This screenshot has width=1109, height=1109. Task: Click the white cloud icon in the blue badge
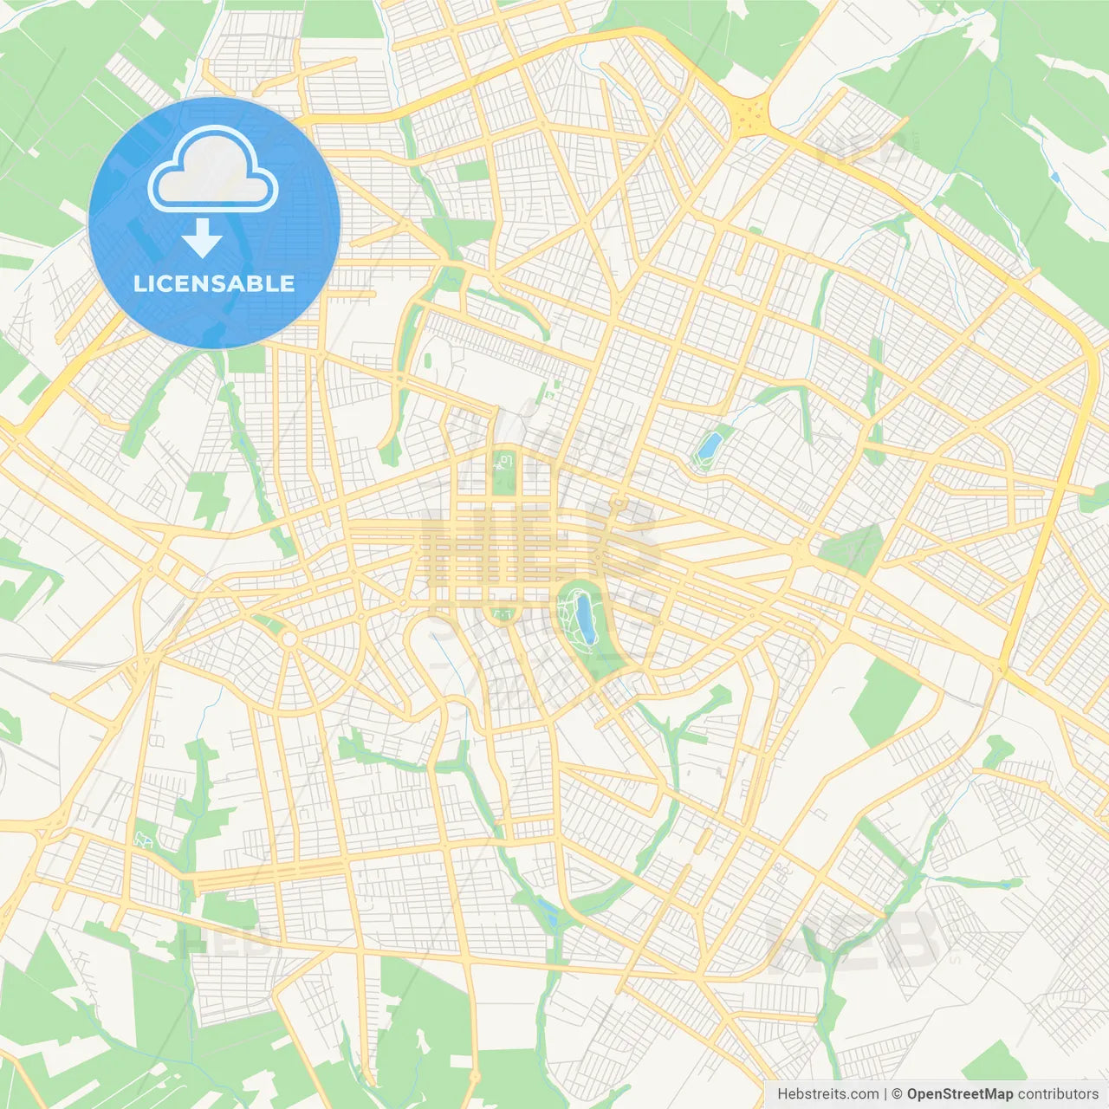[x=213, y=170]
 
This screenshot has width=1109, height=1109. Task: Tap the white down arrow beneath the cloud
[x=202, y=238]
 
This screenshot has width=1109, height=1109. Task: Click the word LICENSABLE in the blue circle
[x=214, y=283]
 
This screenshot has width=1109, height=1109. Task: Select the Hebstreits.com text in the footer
[x=827, y=1094]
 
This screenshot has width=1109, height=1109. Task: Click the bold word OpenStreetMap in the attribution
[x=960, y=1094]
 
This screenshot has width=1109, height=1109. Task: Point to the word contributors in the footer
[x=1058, y=1094]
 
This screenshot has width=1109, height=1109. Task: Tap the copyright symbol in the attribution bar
[x=898, y=1094]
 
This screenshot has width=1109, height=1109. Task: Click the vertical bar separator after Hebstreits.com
[x=885, y=1094]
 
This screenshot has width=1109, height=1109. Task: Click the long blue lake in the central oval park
[x=587, y=617]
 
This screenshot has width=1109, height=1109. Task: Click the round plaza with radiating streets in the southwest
[x=289, y=639]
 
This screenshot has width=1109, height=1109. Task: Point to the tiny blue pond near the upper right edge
[x=1054, y=177]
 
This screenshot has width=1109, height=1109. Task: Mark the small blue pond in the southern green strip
[x=547, y=910]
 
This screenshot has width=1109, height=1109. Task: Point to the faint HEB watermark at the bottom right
[x=853, y=940]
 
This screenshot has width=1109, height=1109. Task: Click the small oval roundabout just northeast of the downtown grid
[x=618, y=502]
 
